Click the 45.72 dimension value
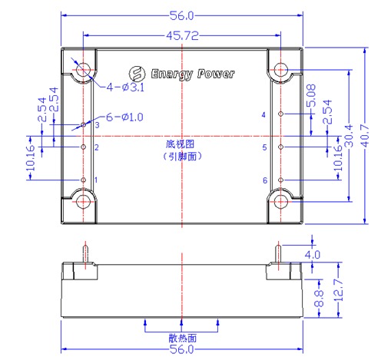[x=182, y=36]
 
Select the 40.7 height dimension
[x=365, y=136]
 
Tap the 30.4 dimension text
[x=349, y=136]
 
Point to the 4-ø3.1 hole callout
[x=125, y=88]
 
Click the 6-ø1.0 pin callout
[x=124, y=117]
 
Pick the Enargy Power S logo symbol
[x=138, y=74]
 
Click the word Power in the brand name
[x=216, y=74]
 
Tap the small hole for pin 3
[x=84, y=125]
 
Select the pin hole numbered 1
[x=84, y=180]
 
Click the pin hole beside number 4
[x=281, y=114]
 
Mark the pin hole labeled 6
[x=281, y=180]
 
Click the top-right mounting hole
[x=281, y=70]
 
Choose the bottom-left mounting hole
[x=84, y=202]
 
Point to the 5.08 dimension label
[x=312, y=96]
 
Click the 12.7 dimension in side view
[x=339, y=290]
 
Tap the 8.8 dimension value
[x=319, y=299]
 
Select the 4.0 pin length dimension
[x=313, y=255]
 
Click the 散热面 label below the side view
[x=183, y=339]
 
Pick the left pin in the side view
[x=85, y=254]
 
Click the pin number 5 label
[x=264, y=147]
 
